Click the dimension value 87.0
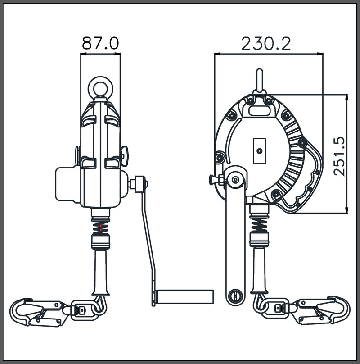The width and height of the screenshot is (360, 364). point(100,43)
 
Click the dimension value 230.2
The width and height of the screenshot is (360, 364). point(266,43)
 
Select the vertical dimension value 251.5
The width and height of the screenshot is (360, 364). point(339,156)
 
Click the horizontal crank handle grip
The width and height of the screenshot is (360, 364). point(184,296)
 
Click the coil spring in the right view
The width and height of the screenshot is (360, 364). point(259,225)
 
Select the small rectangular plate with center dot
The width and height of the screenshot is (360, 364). point(260,151)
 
